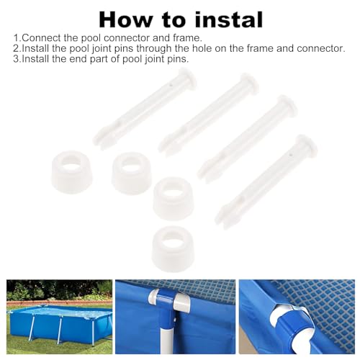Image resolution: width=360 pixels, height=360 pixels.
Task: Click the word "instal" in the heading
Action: click(x=229, y=20)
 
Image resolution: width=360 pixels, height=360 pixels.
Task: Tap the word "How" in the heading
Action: click(x=125, y=20)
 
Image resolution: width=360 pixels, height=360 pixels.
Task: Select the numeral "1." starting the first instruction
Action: click(x=17, y=38)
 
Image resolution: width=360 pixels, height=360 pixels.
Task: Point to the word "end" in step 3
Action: click(x=78, y=59)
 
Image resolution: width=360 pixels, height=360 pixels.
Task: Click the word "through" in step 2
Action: click(x=154, y=49)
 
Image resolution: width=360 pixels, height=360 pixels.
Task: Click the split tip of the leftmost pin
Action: click(x=99, y=140)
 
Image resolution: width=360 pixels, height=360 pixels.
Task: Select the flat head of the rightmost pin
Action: click(x=308, y=144)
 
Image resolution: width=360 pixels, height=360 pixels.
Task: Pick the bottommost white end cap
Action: click(x=173, y=249)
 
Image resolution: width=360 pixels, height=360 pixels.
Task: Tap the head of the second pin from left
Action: click(x=250, y=83)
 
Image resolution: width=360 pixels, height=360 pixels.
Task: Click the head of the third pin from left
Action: click(x=287, y=106)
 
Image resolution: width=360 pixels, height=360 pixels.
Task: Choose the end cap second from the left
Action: click(x=132, y=174)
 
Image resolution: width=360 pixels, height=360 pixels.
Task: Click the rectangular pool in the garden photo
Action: click(x=60, y=320)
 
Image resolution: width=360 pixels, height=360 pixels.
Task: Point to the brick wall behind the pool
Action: click(x=59, y=303)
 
